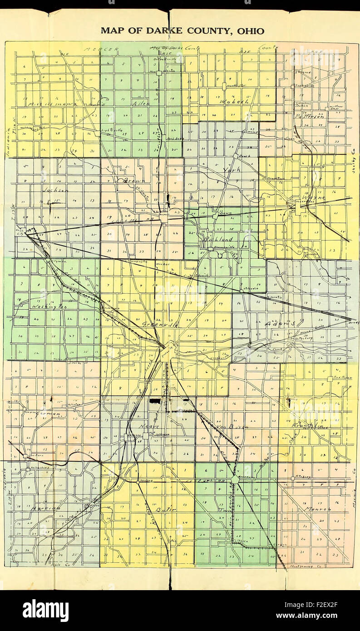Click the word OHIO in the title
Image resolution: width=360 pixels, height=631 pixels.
(x=250, y=31)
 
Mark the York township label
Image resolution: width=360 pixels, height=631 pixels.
(x=230, y=170)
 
